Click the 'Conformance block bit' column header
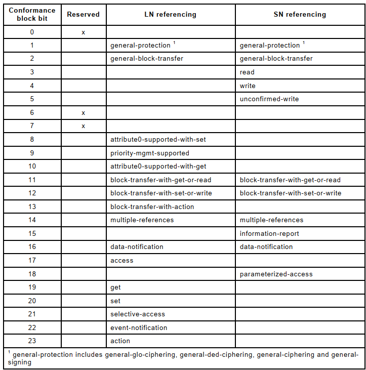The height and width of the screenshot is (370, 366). click(x=32, y=14)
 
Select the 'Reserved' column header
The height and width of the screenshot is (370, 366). click(x=84, y=15)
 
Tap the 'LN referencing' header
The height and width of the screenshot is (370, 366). click(x=171, y=15)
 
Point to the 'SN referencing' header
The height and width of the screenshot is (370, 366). click(x=300, y=15)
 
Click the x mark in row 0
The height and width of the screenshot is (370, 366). click(x=84, y=32)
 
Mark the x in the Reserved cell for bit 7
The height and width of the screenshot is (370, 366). click(x=84, y=126)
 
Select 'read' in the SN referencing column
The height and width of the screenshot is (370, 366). click(x=247, y=72)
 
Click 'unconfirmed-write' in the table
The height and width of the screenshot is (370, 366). click(x=269, y=99)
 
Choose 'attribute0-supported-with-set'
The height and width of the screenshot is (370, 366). click(x=158, y=139)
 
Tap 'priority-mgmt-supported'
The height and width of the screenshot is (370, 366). click(x=150, y=153)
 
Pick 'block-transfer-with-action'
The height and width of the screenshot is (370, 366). click(x=152, y=207)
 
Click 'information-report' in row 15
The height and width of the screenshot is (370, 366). click(x=269, y=234)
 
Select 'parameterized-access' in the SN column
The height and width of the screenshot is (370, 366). click(x=276, y=274)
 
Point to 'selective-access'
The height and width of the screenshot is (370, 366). click(x=138, y=314)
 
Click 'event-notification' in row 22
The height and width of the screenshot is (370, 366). click(x=139, y=327)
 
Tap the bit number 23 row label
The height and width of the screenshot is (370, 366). click(x=32, y=341)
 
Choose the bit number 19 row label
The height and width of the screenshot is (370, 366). click(x=32, y=287)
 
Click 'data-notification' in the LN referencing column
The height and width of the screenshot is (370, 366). click(x=137, y=247)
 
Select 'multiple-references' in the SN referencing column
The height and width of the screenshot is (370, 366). click(x=271, y=220)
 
